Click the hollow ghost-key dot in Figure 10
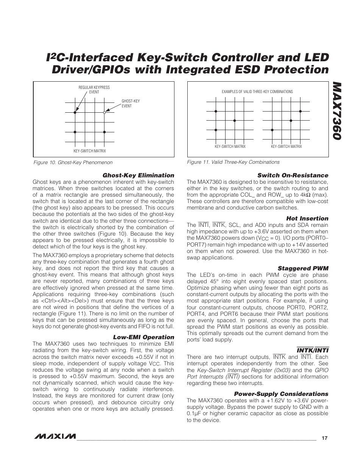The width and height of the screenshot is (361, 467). (104, 113)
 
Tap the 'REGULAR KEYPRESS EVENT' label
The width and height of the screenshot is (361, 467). (94, 90)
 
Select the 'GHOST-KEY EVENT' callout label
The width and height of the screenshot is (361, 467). (131, 104)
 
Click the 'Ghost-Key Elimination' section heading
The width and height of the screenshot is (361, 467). (138, 175)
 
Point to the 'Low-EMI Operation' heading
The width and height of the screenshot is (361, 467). (144, 337)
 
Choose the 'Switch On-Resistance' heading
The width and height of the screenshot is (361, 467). (293, 175)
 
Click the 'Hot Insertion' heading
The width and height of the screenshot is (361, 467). (307, 219)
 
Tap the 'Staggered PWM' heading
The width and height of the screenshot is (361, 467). (303, 268)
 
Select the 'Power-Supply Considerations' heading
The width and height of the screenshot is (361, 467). (281, 394)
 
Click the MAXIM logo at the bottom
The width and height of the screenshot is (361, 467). (54, 437)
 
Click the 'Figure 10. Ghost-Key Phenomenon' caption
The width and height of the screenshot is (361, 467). (73, 162)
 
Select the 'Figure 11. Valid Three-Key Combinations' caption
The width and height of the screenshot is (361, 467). (233, 162)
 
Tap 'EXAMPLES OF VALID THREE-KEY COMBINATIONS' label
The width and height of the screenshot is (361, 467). (257, 92)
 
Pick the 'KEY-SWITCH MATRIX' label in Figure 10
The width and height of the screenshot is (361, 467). (90, 151)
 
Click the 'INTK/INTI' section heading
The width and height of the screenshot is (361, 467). (313, 350)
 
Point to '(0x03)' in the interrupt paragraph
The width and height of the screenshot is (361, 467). (281, 370)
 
